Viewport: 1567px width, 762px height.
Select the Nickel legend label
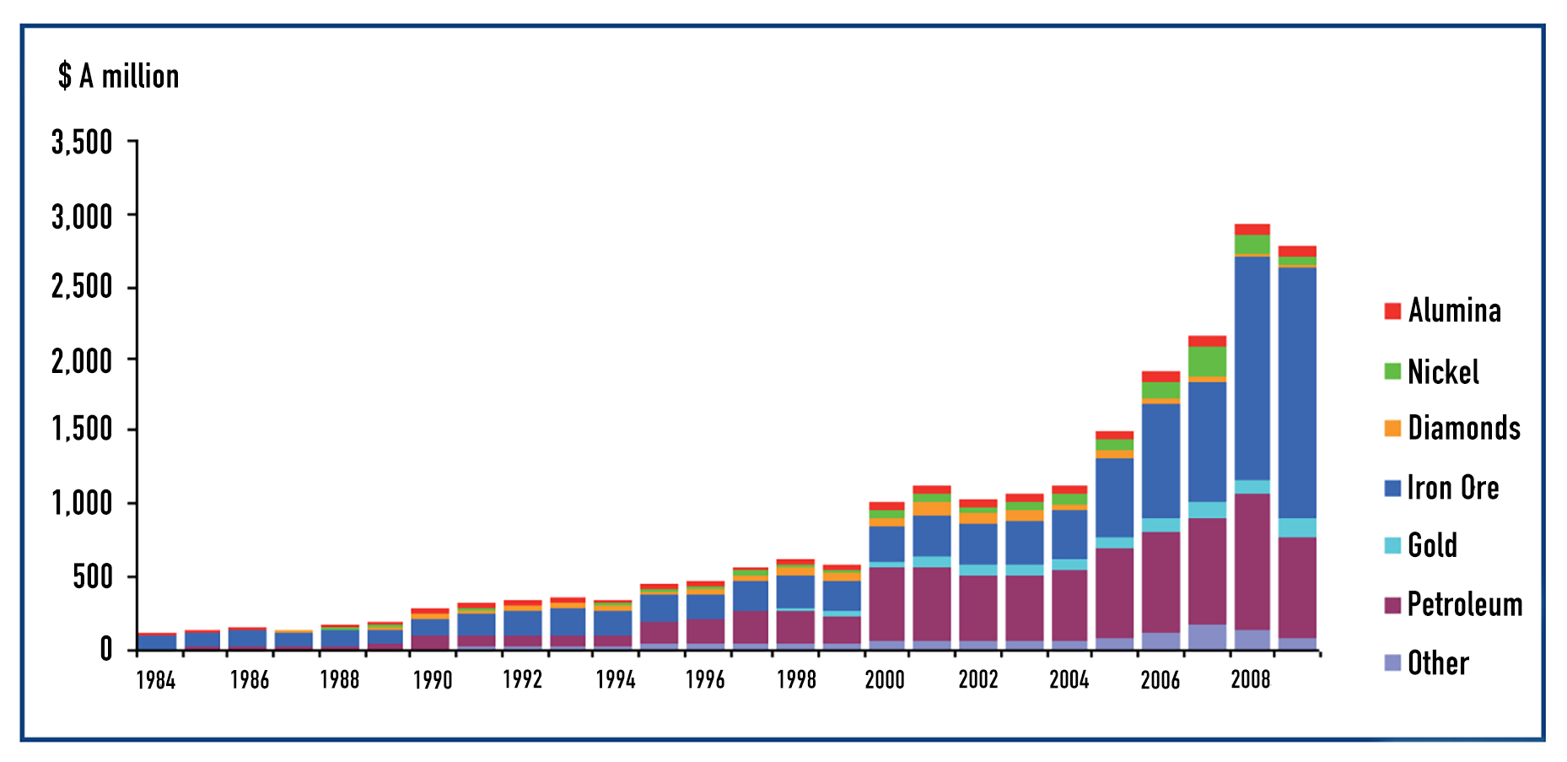coord(1442,371)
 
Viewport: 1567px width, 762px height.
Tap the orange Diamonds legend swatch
coord(1392,428)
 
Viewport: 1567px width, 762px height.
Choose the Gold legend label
coord(1432,545)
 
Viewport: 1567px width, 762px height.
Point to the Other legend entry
coord(1437,663)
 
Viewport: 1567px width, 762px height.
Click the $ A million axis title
coord(118,77)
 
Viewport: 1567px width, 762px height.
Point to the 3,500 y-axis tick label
coord(82,142)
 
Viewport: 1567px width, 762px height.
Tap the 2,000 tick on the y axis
coord(82,361)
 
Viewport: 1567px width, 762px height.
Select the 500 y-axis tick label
coord(92,577)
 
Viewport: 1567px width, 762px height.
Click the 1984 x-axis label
coord(156,680)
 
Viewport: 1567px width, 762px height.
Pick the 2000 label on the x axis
coord(885,680)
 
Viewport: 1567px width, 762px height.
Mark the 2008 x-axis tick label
coord(1251,680)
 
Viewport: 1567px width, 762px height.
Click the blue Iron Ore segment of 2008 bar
coord(1252,367)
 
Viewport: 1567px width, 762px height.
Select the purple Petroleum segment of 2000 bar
coord(886,603)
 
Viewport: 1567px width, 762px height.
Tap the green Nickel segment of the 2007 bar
coord(1207,361)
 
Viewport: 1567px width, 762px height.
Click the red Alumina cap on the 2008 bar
coord(1252,230)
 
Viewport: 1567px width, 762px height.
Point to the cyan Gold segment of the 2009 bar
coord(1297,527)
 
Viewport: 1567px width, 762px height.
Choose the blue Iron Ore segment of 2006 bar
coord(1160,460)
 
